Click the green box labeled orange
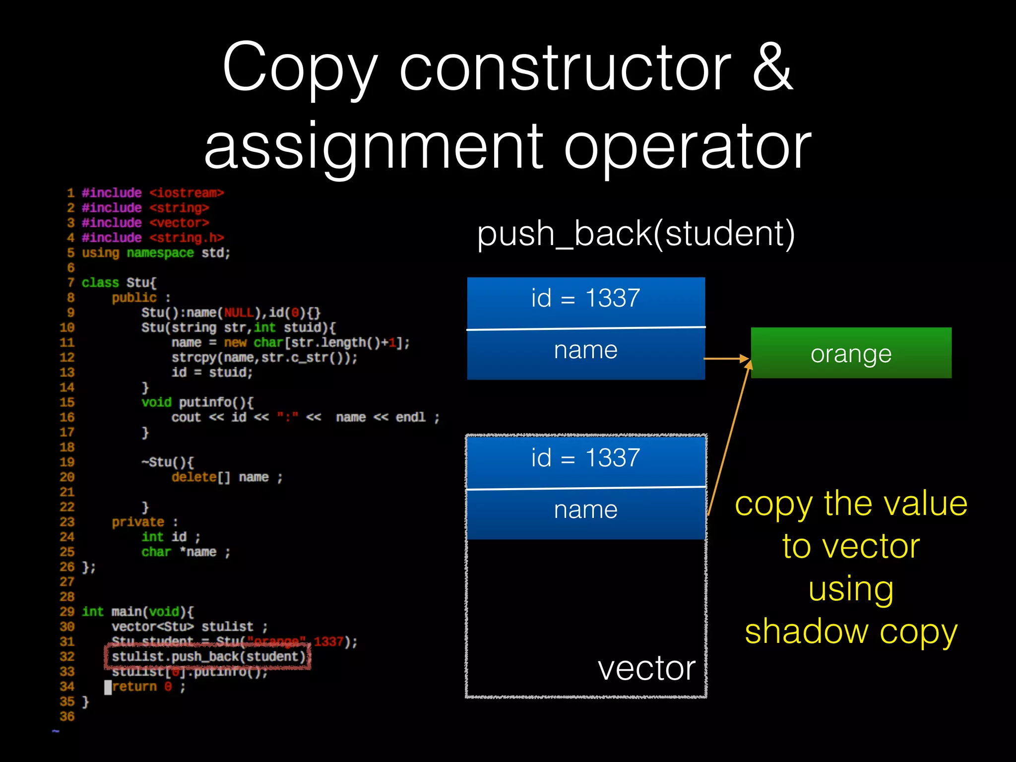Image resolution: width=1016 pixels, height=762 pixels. click(x=851, y=353)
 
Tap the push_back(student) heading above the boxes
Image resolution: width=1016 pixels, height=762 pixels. click(x=635, y=234)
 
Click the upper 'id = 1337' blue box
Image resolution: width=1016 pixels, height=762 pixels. click(x=585, y=300)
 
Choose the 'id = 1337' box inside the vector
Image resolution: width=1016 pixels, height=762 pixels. click(x=585, y=459)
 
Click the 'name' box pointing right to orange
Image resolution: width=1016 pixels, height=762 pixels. click(x=585, y=352)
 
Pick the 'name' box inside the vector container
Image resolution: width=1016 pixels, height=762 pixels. click(x=585, y=511)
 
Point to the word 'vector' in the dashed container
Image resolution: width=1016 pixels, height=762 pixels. click(x=646, y=669)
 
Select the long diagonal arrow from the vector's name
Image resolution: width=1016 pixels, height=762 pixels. click(x=729, y=437)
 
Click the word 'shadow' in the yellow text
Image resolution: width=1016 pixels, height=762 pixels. click(x=806, y=632)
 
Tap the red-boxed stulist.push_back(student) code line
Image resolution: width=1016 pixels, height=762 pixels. click(x=208, y=657)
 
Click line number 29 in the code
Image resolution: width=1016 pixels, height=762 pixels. click(x=67, y=612)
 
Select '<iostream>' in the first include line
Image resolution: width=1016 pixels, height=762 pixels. click(x=187, y=193)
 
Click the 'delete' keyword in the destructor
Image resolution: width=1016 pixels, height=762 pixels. click(x=194, y=477)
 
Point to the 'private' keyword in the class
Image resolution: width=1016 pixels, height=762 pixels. click(x=137, y=522)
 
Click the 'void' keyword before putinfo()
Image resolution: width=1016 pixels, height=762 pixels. click(x=156, y=402)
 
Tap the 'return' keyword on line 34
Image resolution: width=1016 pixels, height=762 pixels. click(x=134, y=687)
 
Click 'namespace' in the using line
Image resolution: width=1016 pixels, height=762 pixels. click(x=160, y=253)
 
